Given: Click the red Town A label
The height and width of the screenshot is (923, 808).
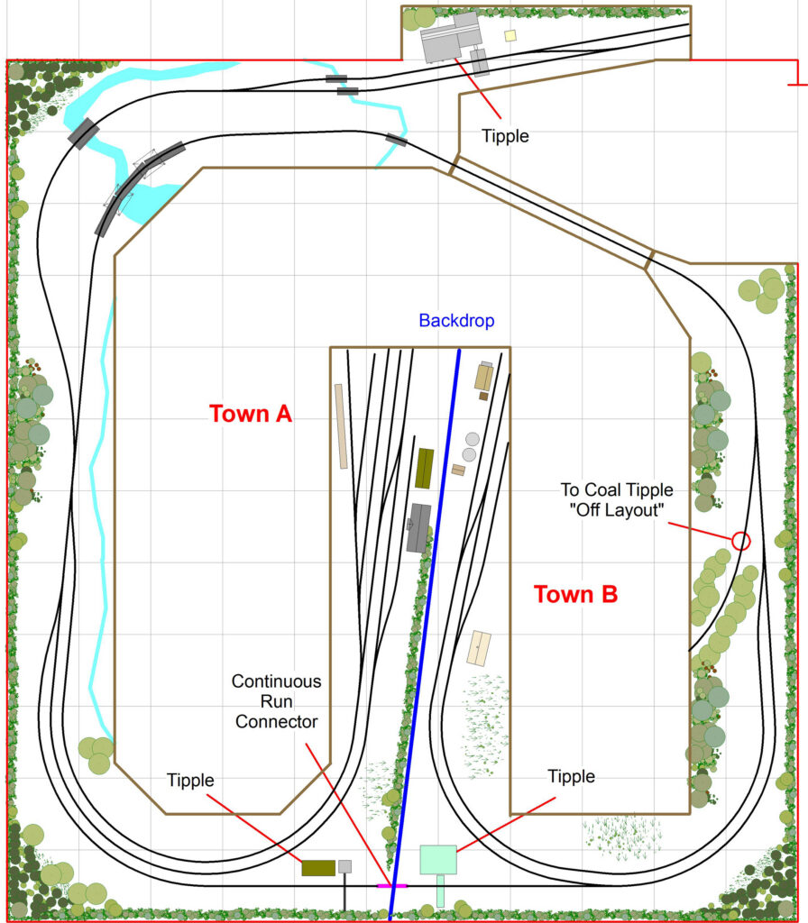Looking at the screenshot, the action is point(251,414).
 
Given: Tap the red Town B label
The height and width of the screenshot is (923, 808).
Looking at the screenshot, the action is point(575,594).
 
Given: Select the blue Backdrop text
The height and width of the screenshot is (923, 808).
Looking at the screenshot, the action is point(456,321).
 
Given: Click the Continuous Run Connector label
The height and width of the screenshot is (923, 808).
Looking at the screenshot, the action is point(276,701).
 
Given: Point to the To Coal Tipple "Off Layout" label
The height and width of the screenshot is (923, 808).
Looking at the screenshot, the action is point(617,499).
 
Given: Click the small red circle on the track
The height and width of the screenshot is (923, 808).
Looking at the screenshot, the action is point(741,541).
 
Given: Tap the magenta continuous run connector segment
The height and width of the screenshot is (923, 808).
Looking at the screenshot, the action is point(391,885).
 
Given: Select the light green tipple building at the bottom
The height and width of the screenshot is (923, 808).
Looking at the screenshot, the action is point(438,860).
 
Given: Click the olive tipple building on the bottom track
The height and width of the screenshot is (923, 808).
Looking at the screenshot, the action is point(318,868).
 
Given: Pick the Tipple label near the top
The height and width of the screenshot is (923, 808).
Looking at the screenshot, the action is point(505,136).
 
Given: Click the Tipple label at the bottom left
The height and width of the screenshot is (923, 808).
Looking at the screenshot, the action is point(190,781).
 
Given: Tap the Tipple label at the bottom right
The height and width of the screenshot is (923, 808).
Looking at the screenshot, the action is point(571,776).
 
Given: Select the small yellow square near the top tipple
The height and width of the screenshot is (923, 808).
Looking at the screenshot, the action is point(510,35).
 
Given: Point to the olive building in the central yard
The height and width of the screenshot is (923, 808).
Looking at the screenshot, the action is point(425,469).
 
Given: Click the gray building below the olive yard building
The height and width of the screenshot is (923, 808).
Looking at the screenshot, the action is point(418,528).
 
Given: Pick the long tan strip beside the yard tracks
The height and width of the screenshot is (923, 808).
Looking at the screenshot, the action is point(341,426).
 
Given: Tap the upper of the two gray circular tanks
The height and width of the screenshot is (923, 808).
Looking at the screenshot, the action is point(473,439).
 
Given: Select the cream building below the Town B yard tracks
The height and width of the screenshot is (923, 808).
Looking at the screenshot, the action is point(480,648).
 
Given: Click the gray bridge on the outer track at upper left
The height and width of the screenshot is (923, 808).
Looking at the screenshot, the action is point(84,134).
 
